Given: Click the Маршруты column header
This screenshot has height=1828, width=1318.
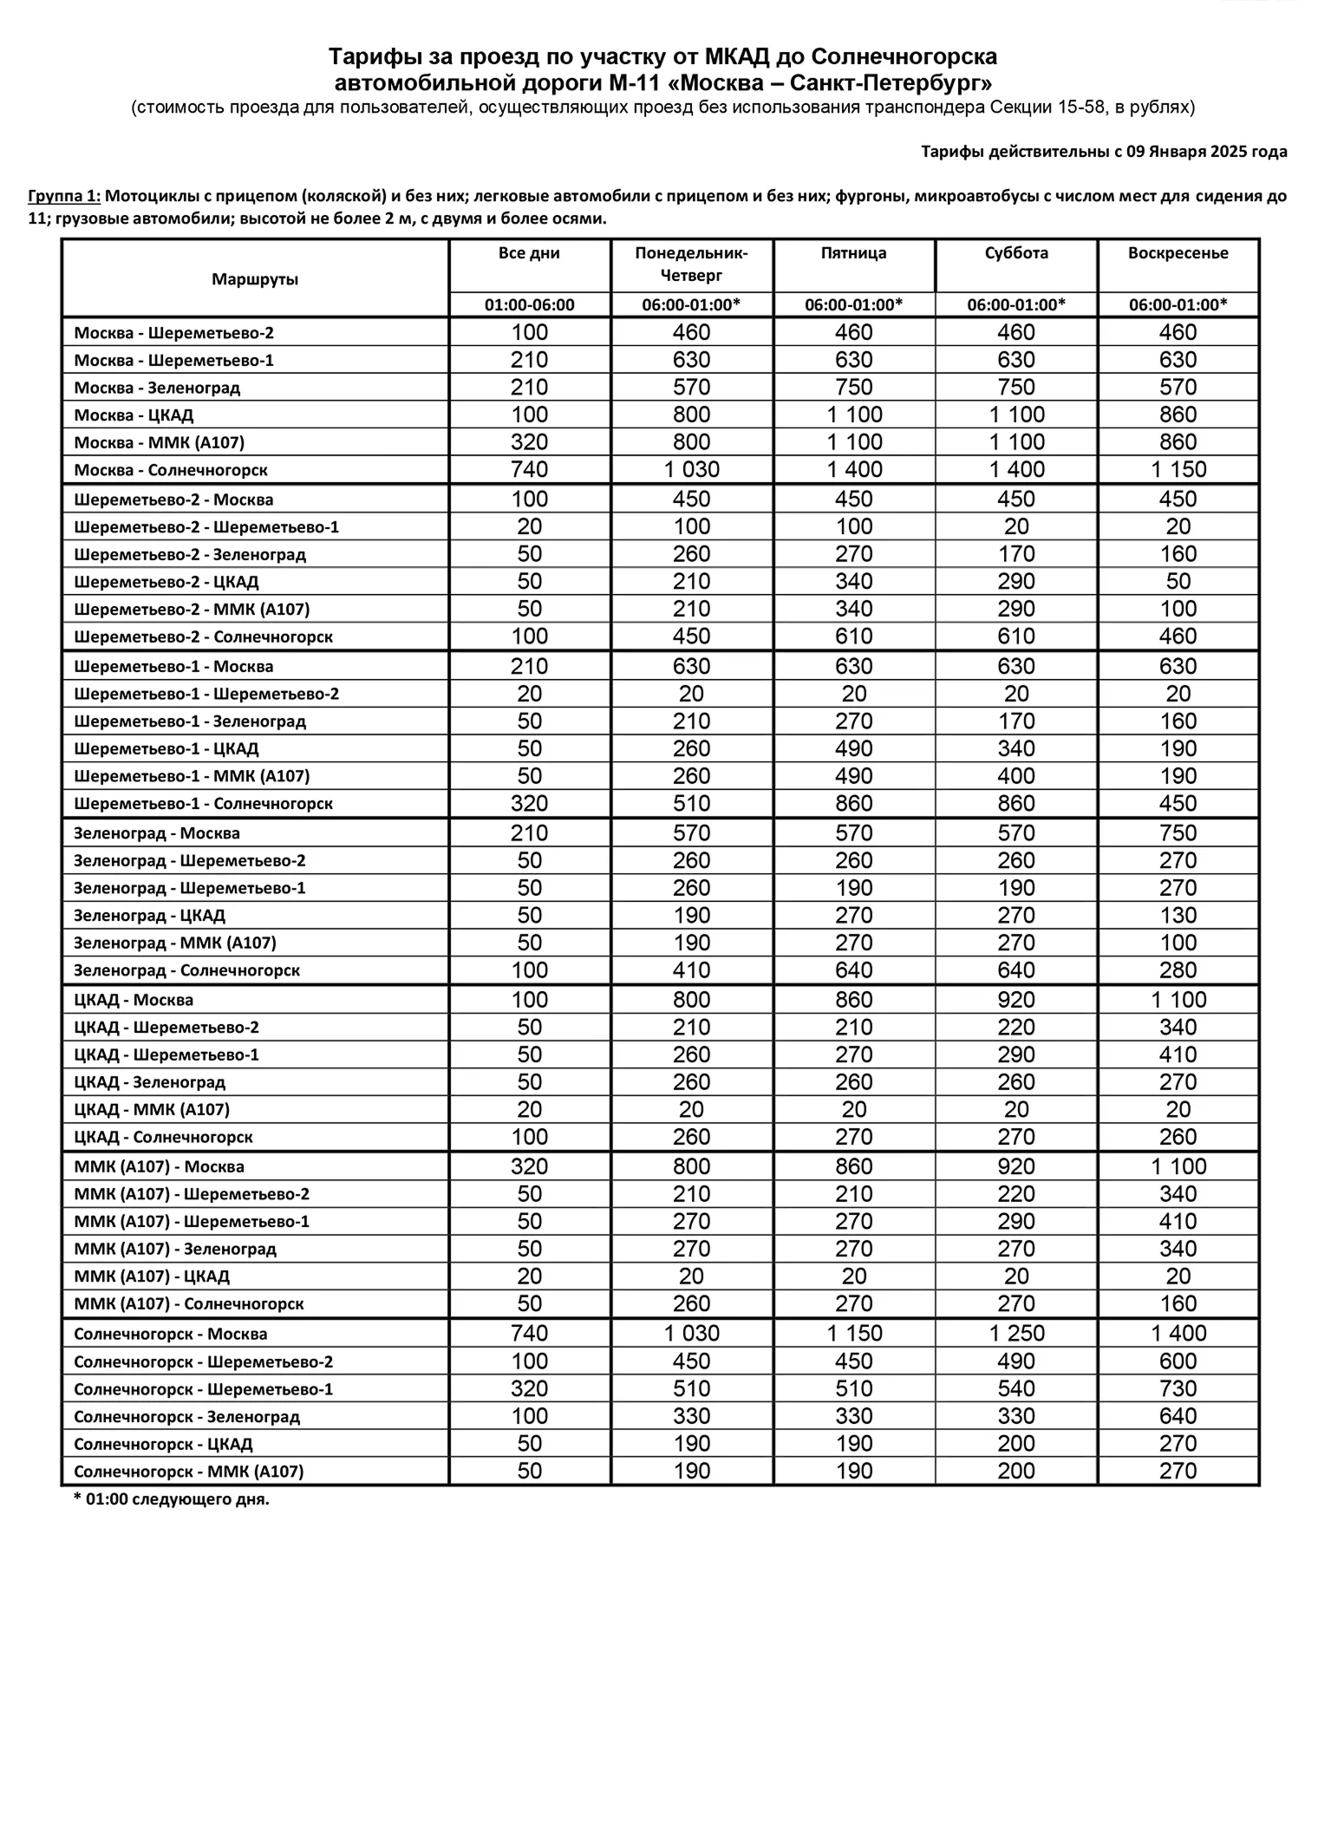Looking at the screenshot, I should (255, 279).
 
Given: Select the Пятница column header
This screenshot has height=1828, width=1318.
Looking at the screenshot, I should (853, 253).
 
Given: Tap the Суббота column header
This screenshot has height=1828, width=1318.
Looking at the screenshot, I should (1016, 253).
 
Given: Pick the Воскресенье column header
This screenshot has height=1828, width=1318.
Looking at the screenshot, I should (1178, 253).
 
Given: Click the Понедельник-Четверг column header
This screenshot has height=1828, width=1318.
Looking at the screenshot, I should (691, 264).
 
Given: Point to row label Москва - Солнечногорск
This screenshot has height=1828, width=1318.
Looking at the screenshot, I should (171, 470).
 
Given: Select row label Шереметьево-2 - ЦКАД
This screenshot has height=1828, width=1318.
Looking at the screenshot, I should (166, 582).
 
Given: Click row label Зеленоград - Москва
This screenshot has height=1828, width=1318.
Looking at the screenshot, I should (157, 833).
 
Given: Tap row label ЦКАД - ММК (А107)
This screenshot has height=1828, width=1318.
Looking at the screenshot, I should (152, 1109).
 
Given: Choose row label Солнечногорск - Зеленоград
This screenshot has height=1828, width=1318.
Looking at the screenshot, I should (186, 1416).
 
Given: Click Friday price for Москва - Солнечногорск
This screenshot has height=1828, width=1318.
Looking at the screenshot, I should (854, 470).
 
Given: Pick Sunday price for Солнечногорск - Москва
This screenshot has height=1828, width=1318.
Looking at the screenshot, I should (1178, 1333).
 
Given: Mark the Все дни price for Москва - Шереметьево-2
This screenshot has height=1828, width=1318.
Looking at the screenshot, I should (529, 333).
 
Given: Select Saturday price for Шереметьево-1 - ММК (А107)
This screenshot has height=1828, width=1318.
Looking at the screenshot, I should (1016, 776).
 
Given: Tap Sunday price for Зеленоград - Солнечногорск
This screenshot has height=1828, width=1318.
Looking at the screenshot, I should (1178, 970).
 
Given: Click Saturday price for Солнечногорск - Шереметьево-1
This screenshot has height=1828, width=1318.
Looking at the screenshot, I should (1016, 1388).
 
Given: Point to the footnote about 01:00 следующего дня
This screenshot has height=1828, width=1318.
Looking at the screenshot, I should (172, 1499).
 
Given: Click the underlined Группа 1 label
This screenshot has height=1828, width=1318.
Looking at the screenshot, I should (64, 196).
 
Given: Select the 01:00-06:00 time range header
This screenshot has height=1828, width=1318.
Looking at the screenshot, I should (529, 305).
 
